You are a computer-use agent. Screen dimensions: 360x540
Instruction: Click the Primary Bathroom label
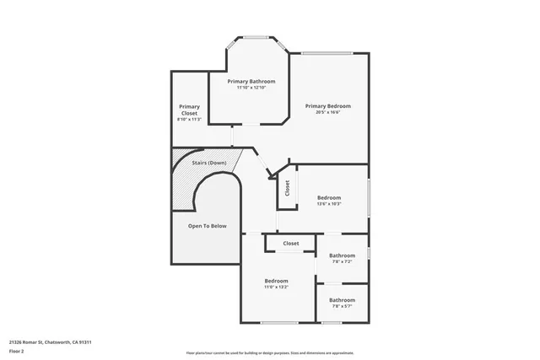pos(251,81)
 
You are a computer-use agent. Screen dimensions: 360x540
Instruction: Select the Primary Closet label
pos(189,110)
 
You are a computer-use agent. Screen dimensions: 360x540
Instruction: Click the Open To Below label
pos(208,226)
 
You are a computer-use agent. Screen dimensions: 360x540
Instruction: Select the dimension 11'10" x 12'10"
pos(251,88)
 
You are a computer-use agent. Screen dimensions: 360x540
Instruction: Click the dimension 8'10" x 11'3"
pos(189,120)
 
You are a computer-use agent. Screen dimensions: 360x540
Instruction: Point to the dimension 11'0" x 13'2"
pos(276,287)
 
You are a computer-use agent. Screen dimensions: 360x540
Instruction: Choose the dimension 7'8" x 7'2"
pos(342,262)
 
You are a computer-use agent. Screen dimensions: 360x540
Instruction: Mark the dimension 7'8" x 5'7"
pos(342,307)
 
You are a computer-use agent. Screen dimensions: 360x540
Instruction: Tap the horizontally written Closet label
pos(290,244)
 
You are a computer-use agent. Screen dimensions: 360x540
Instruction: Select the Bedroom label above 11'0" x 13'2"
pos(276,281)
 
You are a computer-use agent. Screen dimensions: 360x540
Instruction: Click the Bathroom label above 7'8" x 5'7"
pos(342,300)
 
